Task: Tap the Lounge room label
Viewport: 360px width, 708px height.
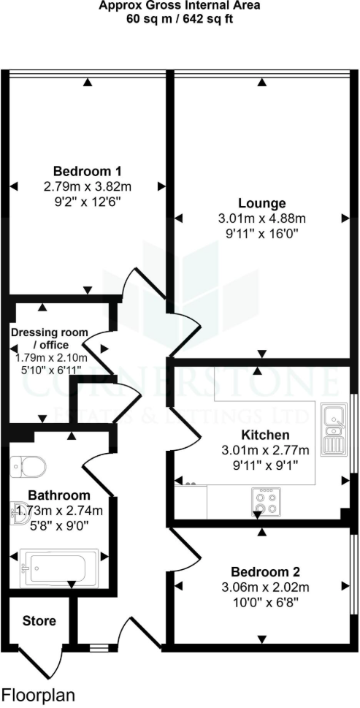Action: [x=262, y=203]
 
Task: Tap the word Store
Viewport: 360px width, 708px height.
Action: [x=39, y=621]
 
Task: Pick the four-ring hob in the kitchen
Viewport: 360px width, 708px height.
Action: [x=264, y=500]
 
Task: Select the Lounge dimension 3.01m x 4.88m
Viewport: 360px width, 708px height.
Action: [x=262, y=218]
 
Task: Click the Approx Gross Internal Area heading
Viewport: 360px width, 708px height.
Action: [x=180, y=7]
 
